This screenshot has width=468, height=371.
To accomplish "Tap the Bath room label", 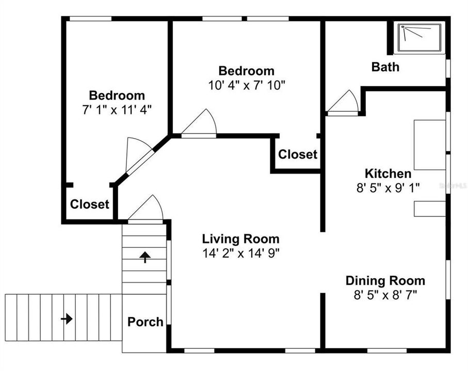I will pyautogui.click(x=385, y=67).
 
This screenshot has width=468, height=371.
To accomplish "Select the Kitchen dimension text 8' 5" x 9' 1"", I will pyautogui.click(x=388, y=188).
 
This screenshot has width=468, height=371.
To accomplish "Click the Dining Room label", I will pyautogui.click(x=385, y=281).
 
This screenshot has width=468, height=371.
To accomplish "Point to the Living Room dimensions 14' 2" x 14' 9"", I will pyautogui.click(x=240, y=253).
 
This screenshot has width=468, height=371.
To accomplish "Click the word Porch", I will pyautogui.click(x=145, y=322).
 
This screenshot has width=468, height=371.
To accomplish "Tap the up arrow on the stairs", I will pyautogui.click(x=145, y=257).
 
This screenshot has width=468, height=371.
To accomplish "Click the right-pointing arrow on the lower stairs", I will pyautogui.click(x=67, y=319).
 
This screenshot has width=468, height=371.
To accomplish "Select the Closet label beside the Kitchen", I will pyautogui.click(x=298, y=155).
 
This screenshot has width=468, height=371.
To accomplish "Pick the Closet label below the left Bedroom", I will pyautogui.click(x=90, y=205).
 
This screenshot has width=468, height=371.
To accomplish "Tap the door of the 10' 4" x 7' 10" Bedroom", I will pyautogui.click(x=200, y=125).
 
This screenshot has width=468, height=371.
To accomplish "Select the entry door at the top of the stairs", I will pyautogui.click(x=147, y=210).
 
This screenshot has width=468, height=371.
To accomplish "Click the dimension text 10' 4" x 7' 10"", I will pyautogui.click(x=246, y=85).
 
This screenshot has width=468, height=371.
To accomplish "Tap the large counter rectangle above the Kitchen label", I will pyautogui.click(x=429, y=145).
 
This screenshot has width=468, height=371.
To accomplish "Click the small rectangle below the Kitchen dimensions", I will pyautogui.click(x=429, y=209).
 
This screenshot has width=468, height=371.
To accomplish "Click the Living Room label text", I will pyautogui.click(x=240, y=239).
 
